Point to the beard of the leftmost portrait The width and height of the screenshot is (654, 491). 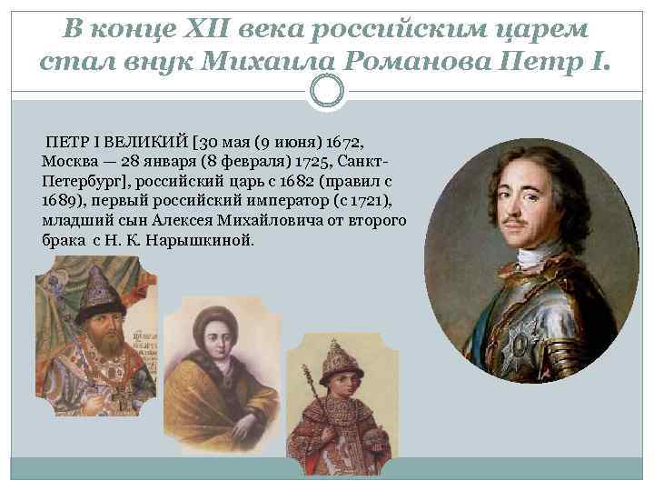click(x=100, y=346)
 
